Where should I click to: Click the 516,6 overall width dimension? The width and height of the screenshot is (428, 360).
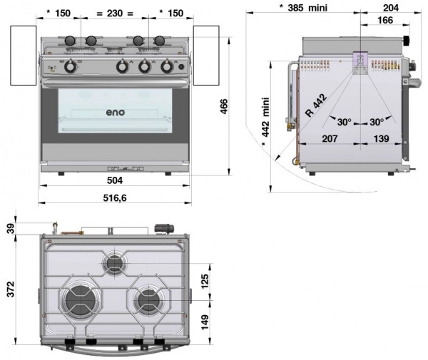point(115,197)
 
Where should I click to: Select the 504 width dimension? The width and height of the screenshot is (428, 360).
point(115,181)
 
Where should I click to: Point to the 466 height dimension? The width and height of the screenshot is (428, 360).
point(223,106)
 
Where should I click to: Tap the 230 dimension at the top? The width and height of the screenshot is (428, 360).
point(114,12)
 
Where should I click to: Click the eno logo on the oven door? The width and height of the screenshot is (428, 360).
point(116,111)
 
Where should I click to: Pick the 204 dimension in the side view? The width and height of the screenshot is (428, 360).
point(390,9)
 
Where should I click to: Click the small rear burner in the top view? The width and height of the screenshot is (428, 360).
point(115,264)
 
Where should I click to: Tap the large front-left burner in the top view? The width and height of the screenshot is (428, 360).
point(80,304)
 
